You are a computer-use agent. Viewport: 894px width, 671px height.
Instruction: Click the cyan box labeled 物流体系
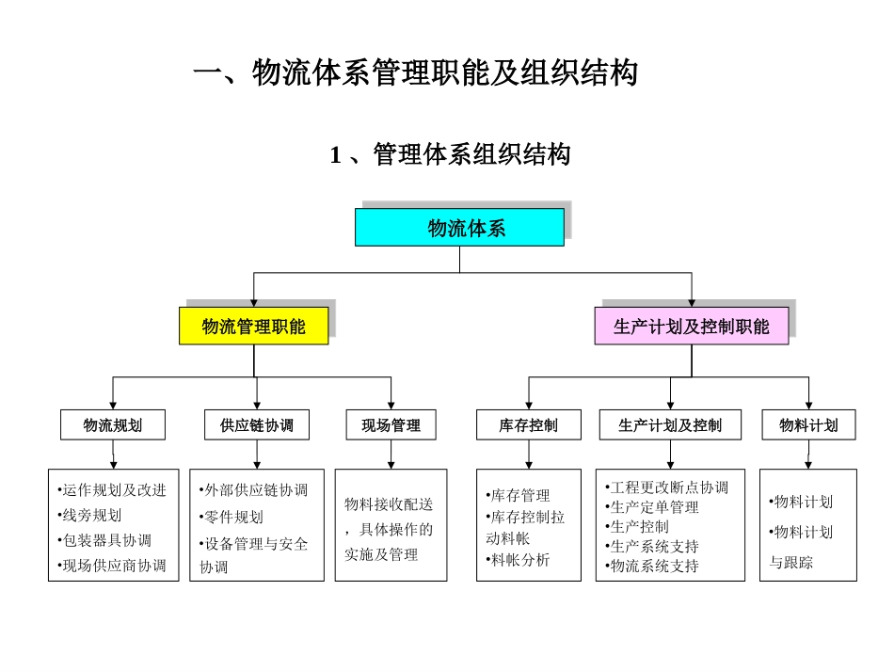point(459,228)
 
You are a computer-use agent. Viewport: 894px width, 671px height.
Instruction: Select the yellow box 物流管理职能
point(254,327)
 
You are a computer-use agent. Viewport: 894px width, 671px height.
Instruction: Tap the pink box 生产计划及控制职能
point(691,327)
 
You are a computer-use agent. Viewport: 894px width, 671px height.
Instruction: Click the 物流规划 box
point(113,425)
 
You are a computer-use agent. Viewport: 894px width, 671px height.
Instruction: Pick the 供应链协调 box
point(257,425)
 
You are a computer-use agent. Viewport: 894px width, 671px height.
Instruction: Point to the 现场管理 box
point(391,425)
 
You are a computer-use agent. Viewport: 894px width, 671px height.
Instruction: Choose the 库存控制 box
point(528,425)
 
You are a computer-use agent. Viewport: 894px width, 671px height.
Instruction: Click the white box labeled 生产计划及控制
point(670,425)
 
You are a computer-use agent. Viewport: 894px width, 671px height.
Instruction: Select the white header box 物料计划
point(807,425)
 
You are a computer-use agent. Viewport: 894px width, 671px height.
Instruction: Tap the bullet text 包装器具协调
point(104,540)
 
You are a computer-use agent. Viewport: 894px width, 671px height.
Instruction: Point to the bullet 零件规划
point(231,517)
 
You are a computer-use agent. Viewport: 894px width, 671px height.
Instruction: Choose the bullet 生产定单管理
point(652,506)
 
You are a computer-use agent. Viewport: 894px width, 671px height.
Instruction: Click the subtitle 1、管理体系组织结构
point(450,155)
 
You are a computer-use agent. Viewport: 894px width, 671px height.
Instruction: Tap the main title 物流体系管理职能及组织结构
point(415,73)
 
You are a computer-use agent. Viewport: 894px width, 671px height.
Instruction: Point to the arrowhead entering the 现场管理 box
point(391,405)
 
